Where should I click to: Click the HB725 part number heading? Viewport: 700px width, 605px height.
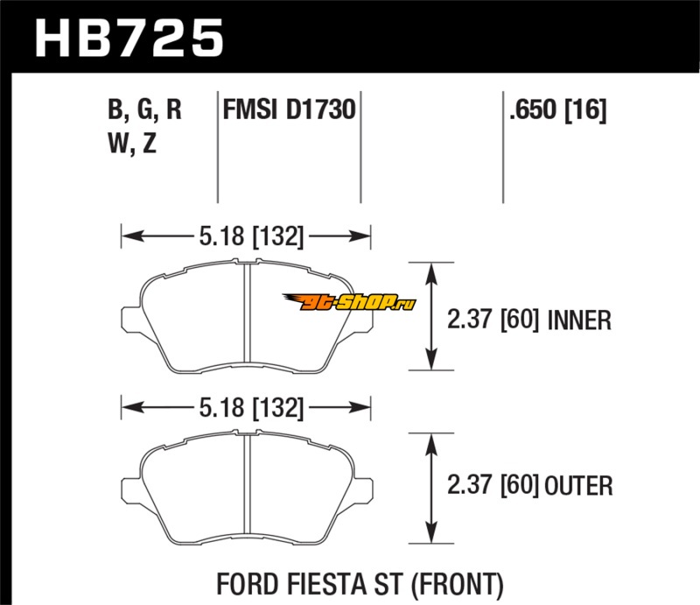tap(129, 38)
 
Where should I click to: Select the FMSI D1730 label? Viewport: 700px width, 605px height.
tap(290, 109)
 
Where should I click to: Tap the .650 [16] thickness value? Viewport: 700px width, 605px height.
tap(557, 110)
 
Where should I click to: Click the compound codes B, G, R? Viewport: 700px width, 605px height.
tap(144, 110)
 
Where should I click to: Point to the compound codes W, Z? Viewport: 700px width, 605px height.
tap(132, 144)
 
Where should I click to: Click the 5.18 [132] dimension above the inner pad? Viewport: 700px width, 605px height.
tap(251, 236)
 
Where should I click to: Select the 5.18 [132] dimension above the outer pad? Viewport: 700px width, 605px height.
tap(251, 408)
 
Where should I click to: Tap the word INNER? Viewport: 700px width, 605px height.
tap(579, 320)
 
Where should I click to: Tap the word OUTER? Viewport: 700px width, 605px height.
tap(578, 486)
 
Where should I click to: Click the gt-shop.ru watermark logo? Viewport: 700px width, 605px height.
tap(349, 302)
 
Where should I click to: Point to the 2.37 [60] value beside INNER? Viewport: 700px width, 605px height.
tap(493, 320)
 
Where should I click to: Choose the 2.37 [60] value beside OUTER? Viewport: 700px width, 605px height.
tap(493, 485)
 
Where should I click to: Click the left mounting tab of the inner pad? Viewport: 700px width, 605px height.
tap(130, 320)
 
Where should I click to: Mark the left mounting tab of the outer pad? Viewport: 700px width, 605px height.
tap(130, 490)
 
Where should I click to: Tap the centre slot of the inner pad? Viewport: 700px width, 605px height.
tap(247, 313)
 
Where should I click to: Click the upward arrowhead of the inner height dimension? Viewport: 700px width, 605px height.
tap(430, 272)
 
